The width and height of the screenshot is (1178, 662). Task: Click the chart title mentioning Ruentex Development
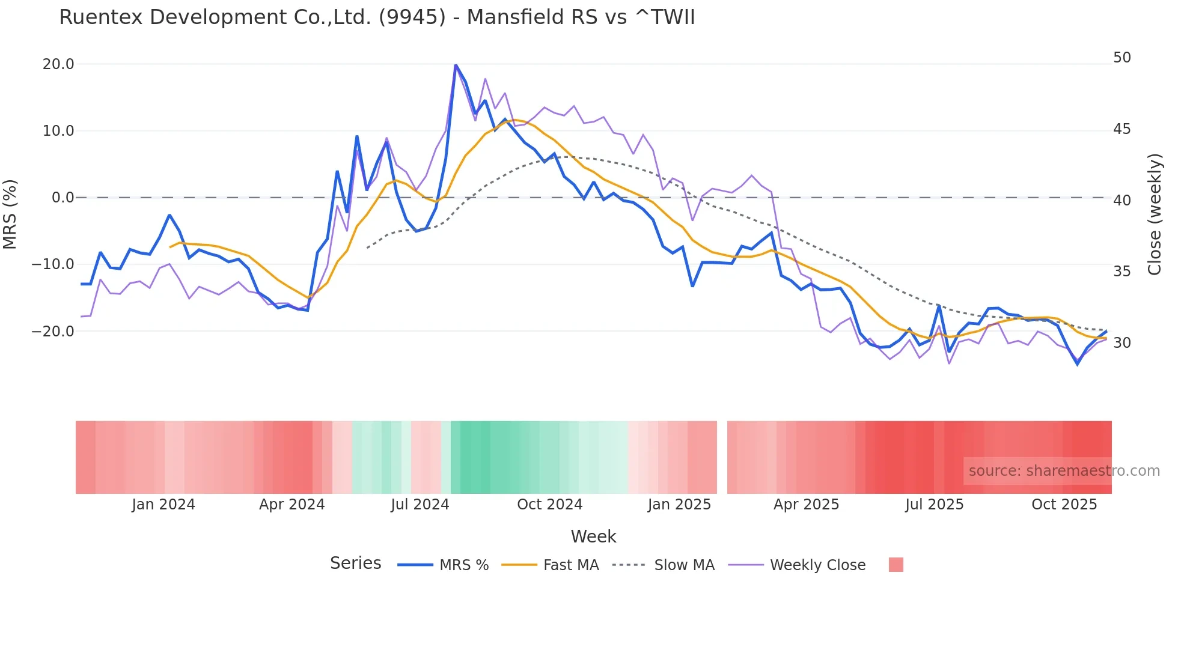point(377,17)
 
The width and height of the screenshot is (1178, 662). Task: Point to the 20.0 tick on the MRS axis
point(58,64)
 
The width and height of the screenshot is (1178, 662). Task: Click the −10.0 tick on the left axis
point(53,264)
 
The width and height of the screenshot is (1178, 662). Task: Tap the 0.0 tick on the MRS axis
point(63,198)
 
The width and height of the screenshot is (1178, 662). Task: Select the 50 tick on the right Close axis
point(1122,58)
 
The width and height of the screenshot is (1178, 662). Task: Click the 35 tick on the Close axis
point(1122,272)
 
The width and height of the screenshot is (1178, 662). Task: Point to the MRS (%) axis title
point(10,214)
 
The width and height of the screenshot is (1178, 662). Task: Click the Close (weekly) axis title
point(1154,214)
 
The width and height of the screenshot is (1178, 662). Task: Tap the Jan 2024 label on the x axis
point(163,505)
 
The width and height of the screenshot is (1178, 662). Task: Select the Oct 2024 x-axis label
point(549,505)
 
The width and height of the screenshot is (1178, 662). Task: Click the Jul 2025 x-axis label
point(934,505)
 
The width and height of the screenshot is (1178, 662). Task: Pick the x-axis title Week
point(593,536)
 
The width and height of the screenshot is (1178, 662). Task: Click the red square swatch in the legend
point(896,565)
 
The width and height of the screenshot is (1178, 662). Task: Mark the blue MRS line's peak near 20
point(456,65)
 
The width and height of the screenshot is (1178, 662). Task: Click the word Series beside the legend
point(355,563)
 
